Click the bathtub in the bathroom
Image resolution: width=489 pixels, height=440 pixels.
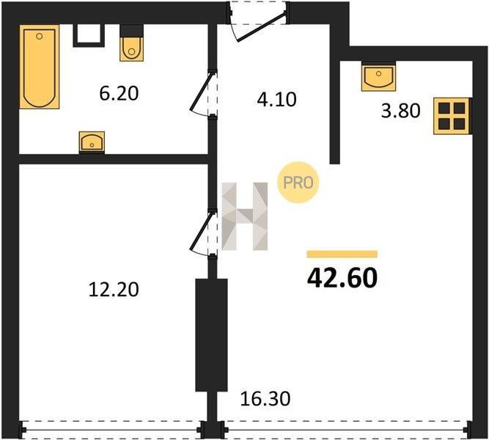[x=40, y=67]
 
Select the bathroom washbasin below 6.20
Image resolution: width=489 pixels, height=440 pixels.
[x=92, y=142]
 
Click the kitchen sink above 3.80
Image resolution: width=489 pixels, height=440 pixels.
[x=378, y=76]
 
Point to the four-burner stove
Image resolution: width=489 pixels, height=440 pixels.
[x=452, y=116]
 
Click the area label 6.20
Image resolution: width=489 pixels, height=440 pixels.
[x=119, y=93]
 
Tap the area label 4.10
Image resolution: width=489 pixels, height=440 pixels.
[x=276, y=100]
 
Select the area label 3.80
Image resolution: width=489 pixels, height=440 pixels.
[x=401, y=111]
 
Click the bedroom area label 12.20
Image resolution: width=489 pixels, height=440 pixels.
[x=114, y=289]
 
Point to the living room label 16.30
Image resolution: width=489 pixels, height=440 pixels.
[x=265, y=399]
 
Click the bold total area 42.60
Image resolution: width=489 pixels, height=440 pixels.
[x=342, y=278]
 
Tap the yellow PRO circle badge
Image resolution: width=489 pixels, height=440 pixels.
[x=298, y=183]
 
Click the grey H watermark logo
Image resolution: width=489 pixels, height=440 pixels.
[x=245, y=216]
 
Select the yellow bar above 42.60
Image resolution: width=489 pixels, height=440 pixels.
[x=342, y=254]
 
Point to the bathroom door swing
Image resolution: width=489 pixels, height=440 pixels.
[x=201, y=92]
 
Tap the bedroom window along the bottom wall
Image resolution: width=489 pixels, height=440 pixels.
[x=112, y=430]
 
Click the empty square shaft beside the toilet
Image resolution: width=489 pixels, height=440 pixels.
[x=89, y=35]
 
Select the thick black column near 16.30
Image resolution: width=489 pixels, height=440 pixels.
[x=211, y=335]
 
